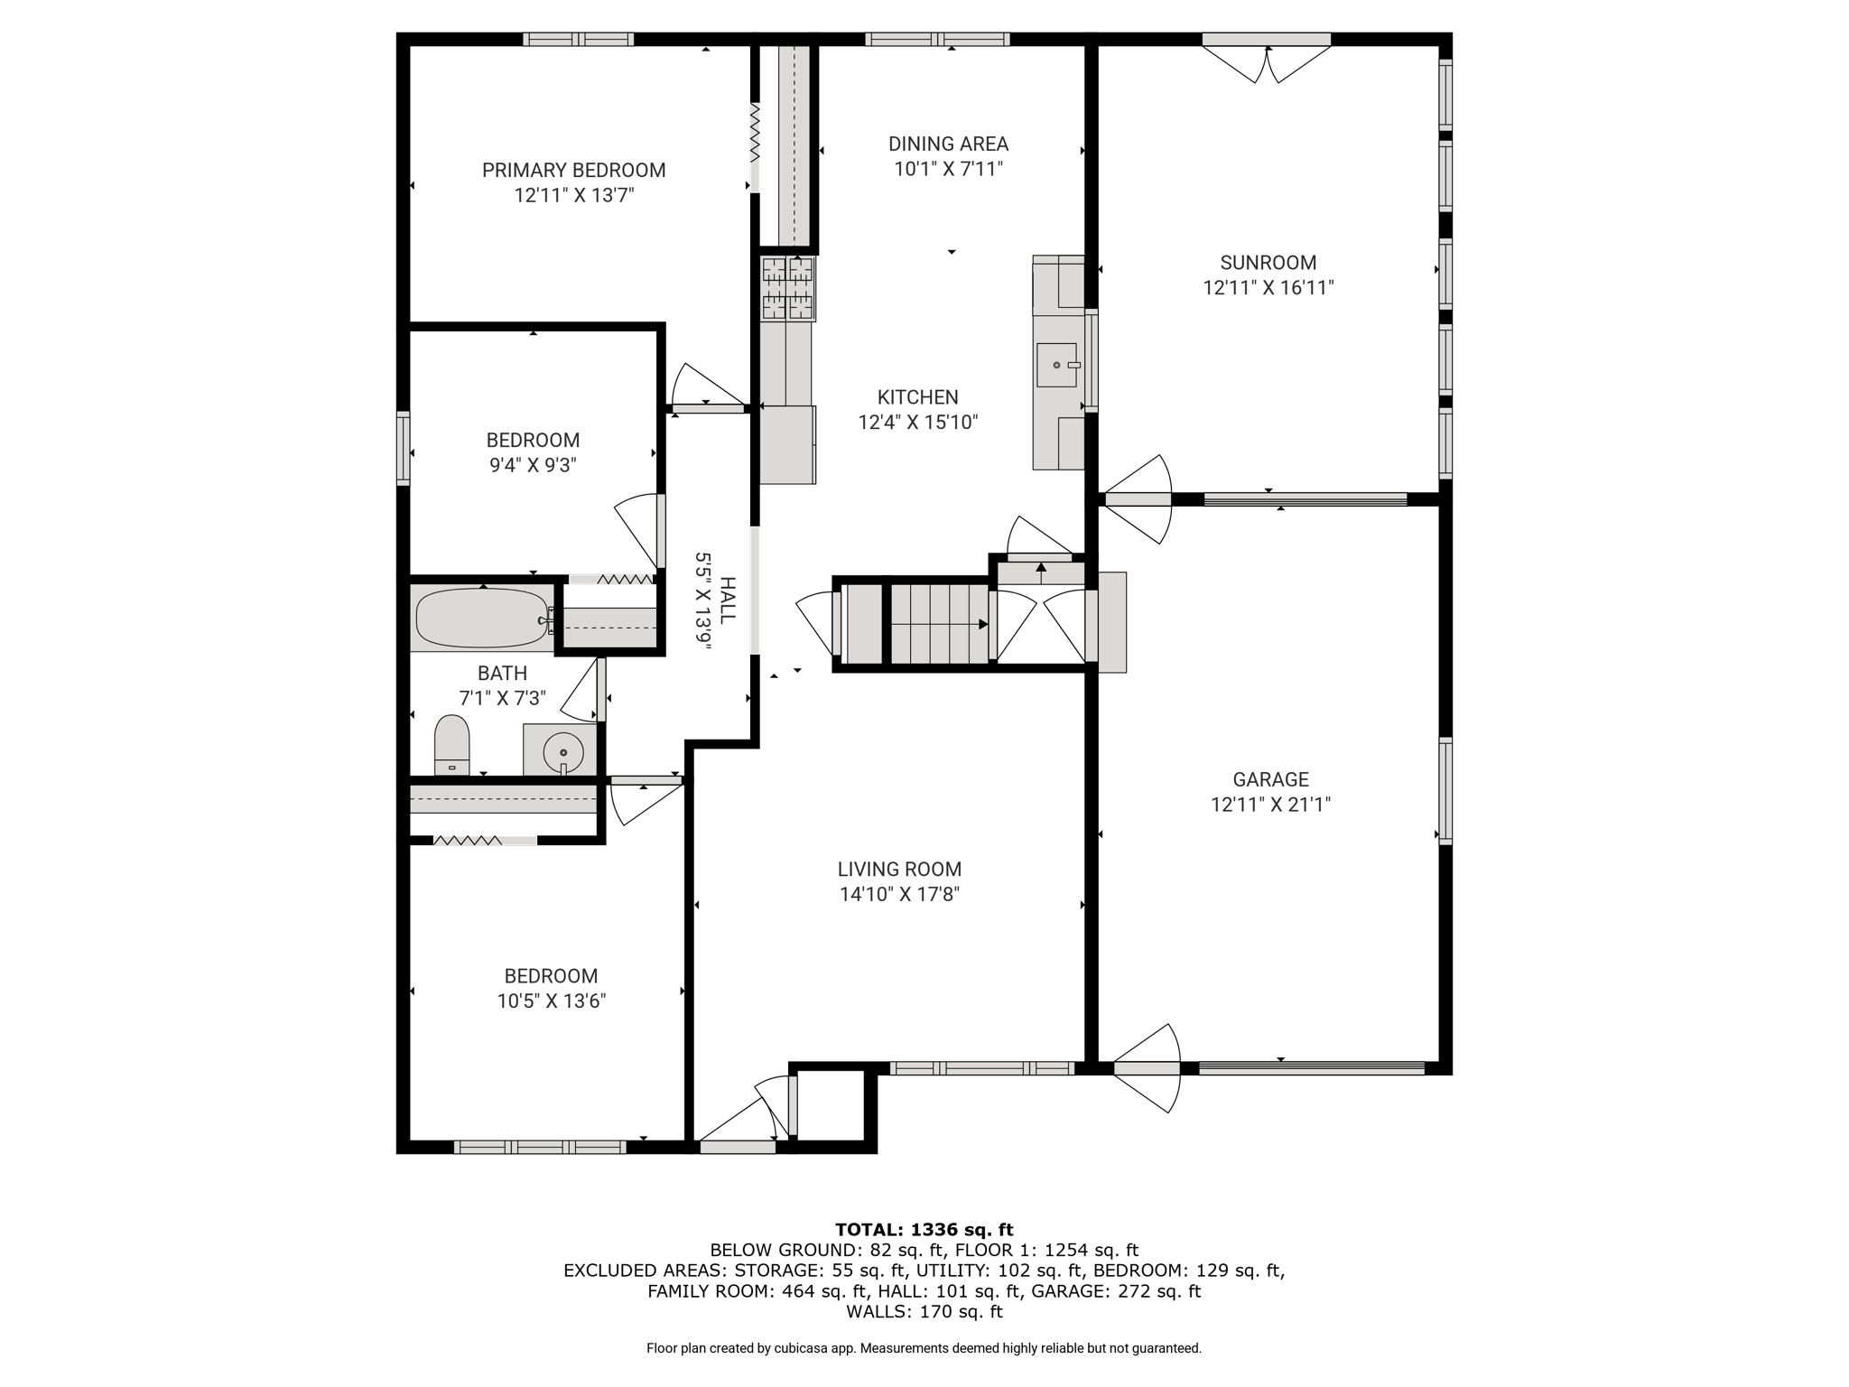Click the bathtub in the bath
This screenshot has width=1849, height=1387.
pos(482,618)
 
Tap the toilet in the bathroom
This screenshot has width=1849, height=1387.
pos(451,745)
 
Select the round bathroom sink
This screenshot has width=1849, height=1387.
pos(563,751)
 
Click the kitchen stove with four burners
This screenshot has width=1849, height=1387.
pos(788,289)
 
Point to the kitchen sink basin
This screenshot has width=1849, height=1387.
pos(1056,365)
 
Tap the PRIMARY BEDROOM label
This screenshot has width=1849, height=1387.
pos(573,170)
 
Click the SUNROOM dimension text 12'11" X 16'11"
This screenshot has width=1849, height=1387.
pos(1268,288)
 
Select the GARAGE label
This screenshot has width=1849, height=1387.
pos(1270,779)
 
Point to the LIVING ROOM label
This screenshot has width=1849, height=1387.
pos(899,870)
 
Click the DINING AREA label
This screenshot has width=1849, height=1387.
pos(948,144)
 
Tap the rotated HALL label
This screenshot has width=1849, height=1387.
pos(728,600)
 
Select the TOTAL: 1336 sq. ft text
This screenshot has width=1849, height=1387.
pos(924,1229)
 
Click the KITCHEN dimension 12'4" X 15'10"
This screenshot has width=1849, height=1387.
pos(918,423)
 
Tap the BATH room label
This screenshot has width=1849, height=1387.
pos(502,674)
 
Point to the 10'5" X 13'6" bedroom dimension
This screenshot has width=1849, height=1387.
pos(551,1001)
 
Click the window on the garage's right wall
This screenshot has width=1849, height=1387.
pos(1445,790)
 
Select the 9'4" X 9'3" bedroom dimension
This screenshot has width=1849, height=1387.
pos(533,466)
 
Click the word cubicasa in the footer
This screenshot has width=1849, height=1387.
pos(801,1348)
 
